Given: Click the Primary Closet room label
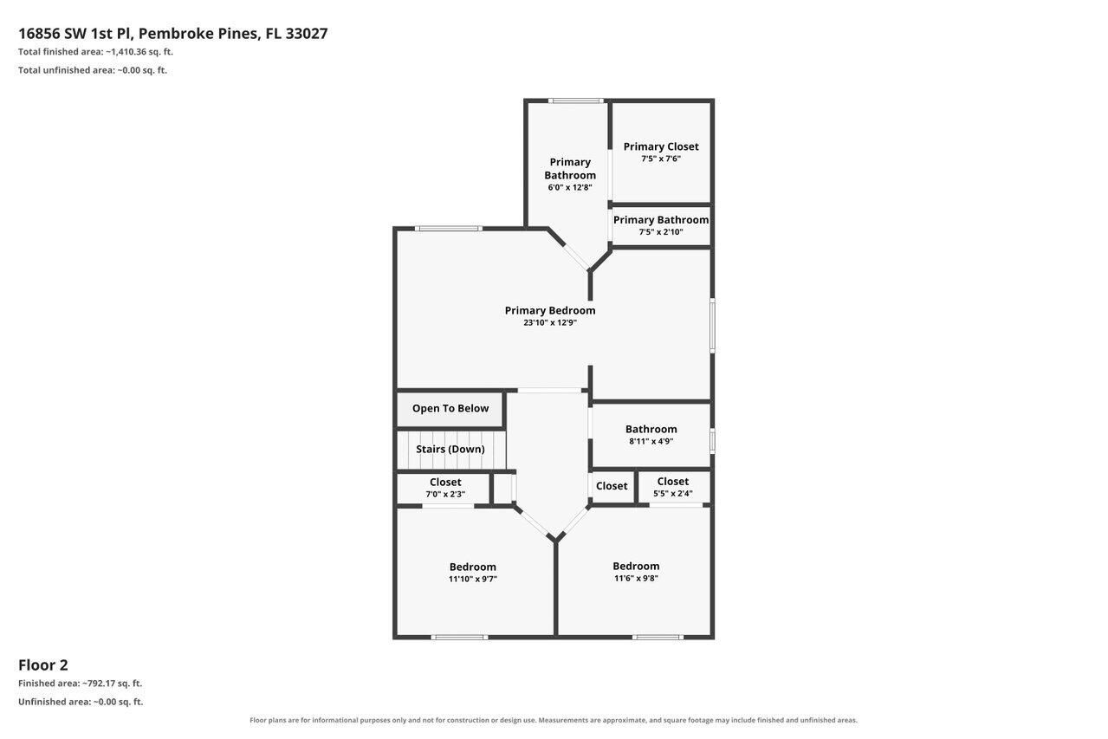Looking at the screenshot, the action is click(661, 146).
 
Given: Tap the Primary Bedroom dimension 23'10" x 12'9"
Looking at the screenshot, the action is click(550, 323).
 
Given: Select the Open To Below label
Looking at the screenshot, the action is click(450, 408).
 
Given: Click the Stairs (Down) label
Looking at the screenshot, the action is click(450, 449).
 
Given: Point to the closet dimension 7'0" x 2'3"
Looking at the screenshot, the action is click(445, 494).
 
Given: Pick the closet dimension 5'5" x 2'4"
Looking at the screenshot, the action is click(673, 494).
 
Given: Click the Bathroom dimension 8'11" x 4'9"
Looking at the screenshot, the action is click(651, 441).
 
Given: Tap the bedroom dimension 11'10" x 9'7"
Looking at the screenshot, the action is click(473, 579).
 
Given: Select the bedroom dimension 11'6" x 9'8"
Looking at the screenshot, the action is click(636, 578).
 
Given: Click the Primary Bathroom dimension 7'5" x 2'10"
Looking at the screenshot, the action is click(661, 232).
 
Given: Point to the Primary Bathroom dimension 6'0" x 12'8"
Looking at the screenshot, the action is click(570, 187).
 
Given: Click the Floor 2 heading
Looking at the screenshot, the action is click(43, 665).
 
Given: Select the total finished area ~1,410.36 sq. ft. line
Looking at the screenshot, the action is click(95, 52).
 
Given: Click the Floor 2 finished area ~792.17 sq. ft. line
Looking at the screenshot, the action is click(80, 684).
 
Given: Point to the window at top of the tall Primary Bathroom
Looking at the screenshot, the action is click(576, 100).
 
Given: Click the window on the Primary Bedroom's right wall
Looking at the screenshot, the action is click(712, 325).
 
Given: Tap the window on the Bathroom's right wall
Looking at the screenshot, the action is click(712, 441).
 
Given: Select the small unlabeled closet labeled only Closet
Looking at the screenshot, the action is click(612, 487).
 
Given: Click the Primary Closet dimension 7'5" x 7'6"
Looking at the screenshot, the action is click(661, 159).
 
